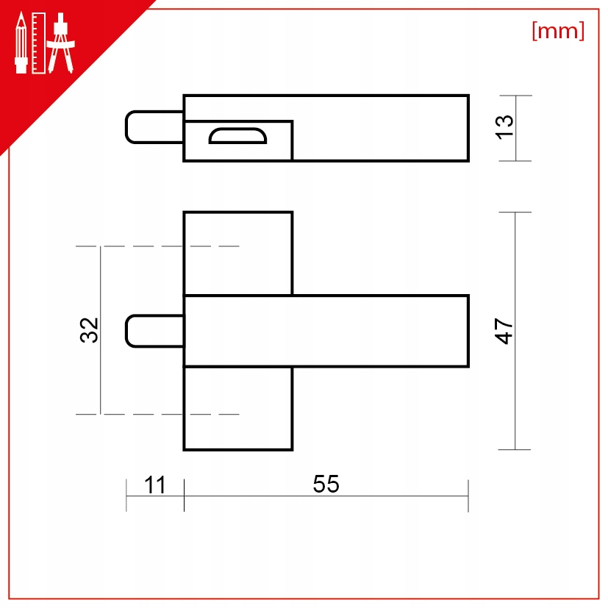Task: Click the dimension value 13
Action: coord(504,127)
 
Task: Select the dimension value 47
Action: coord(504,331)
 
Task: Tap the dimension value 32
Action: coord(89,330)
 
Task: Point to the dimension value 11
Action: coord(154,484)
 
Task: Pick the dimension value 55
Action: coord(326,484)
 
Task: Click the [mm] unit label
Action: coord(558,31)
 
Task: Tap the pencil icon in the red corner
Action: coord(21,43)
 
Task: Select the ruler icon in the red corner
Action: coord(39,43)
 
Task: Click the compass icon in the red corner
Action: coord(60,43)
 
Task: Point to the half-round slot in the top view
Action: coord(237,136)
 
